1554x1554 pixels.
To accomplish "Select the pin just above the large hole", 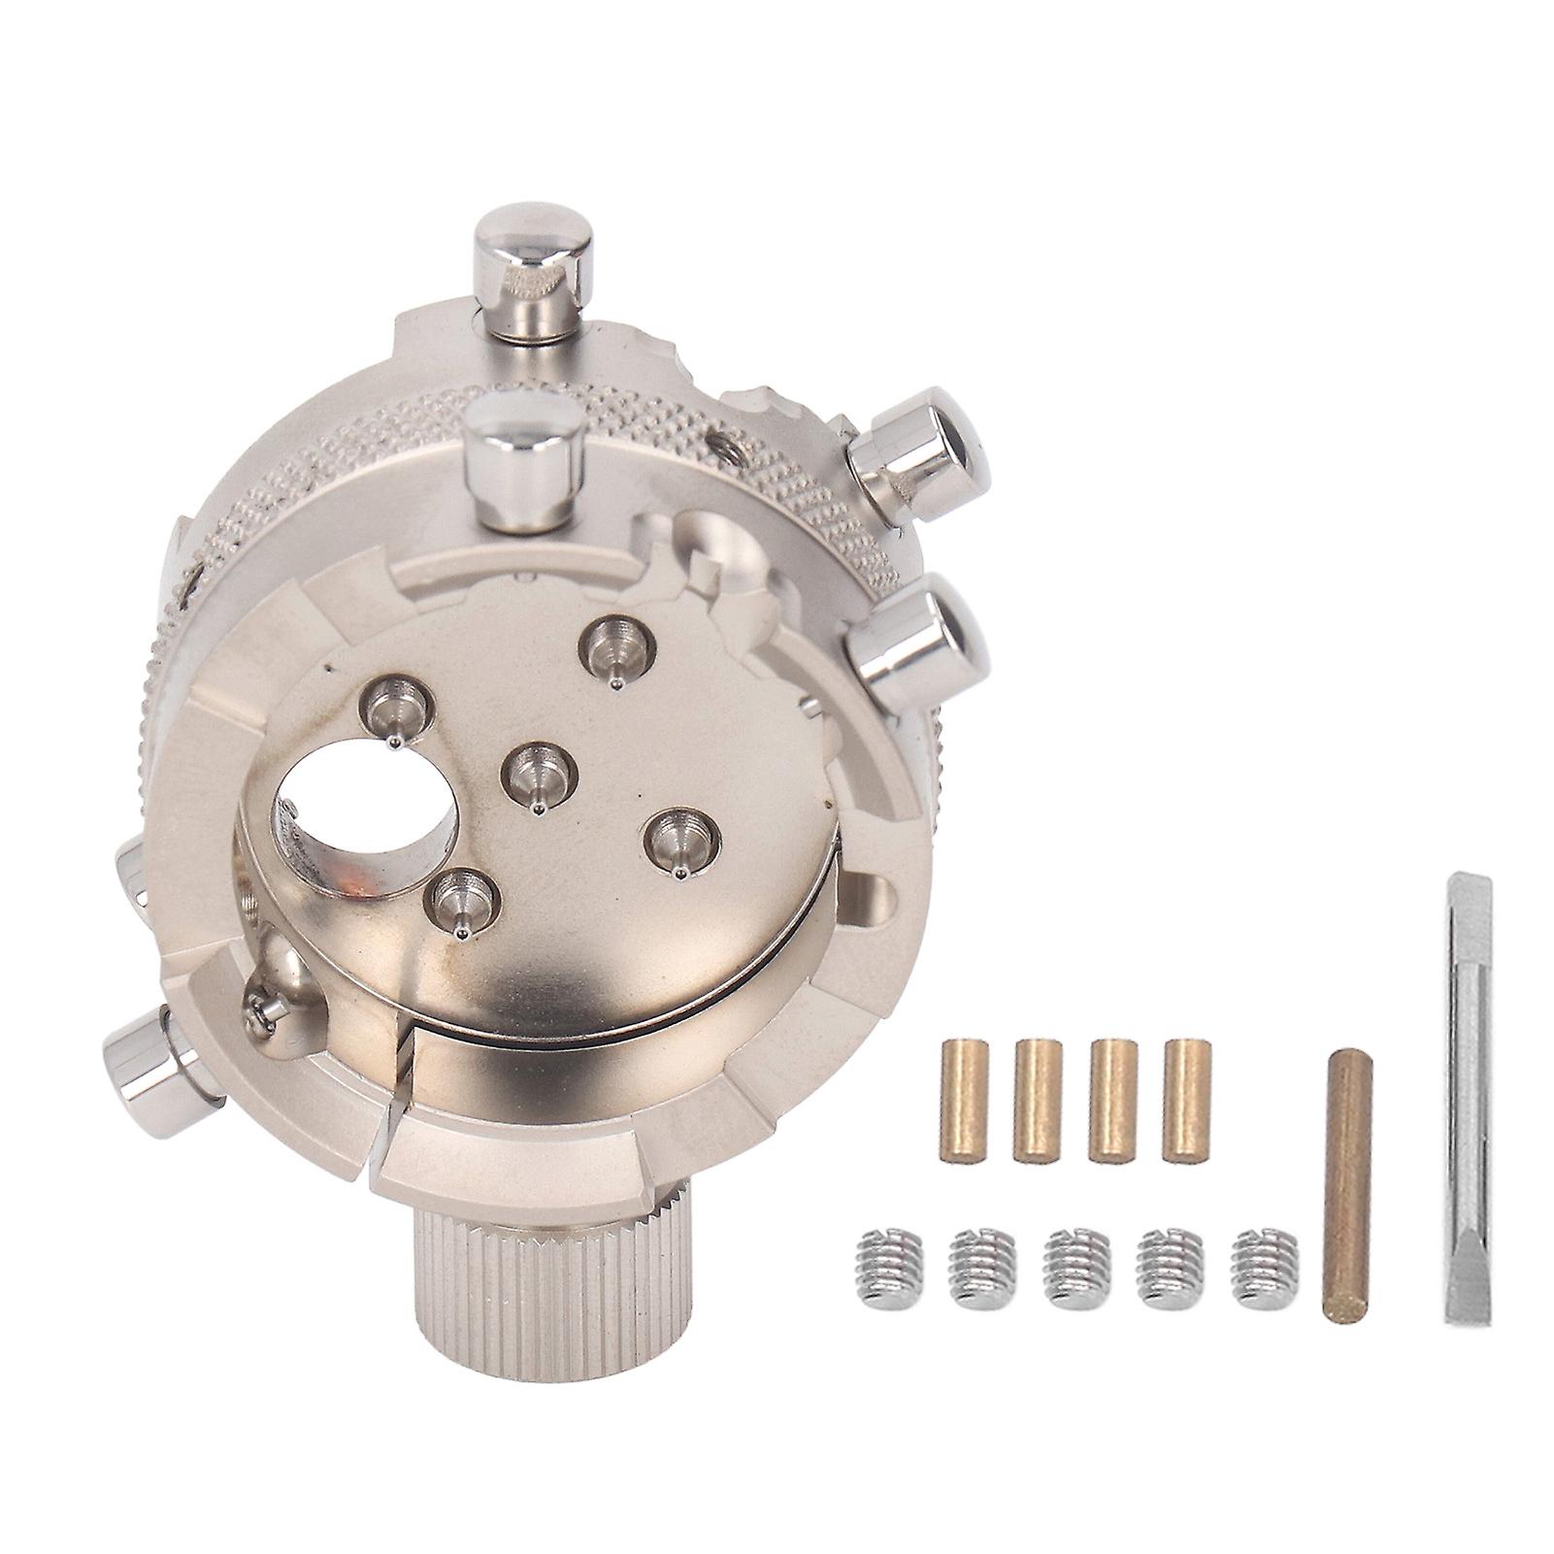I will click(x=394, y=712).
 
